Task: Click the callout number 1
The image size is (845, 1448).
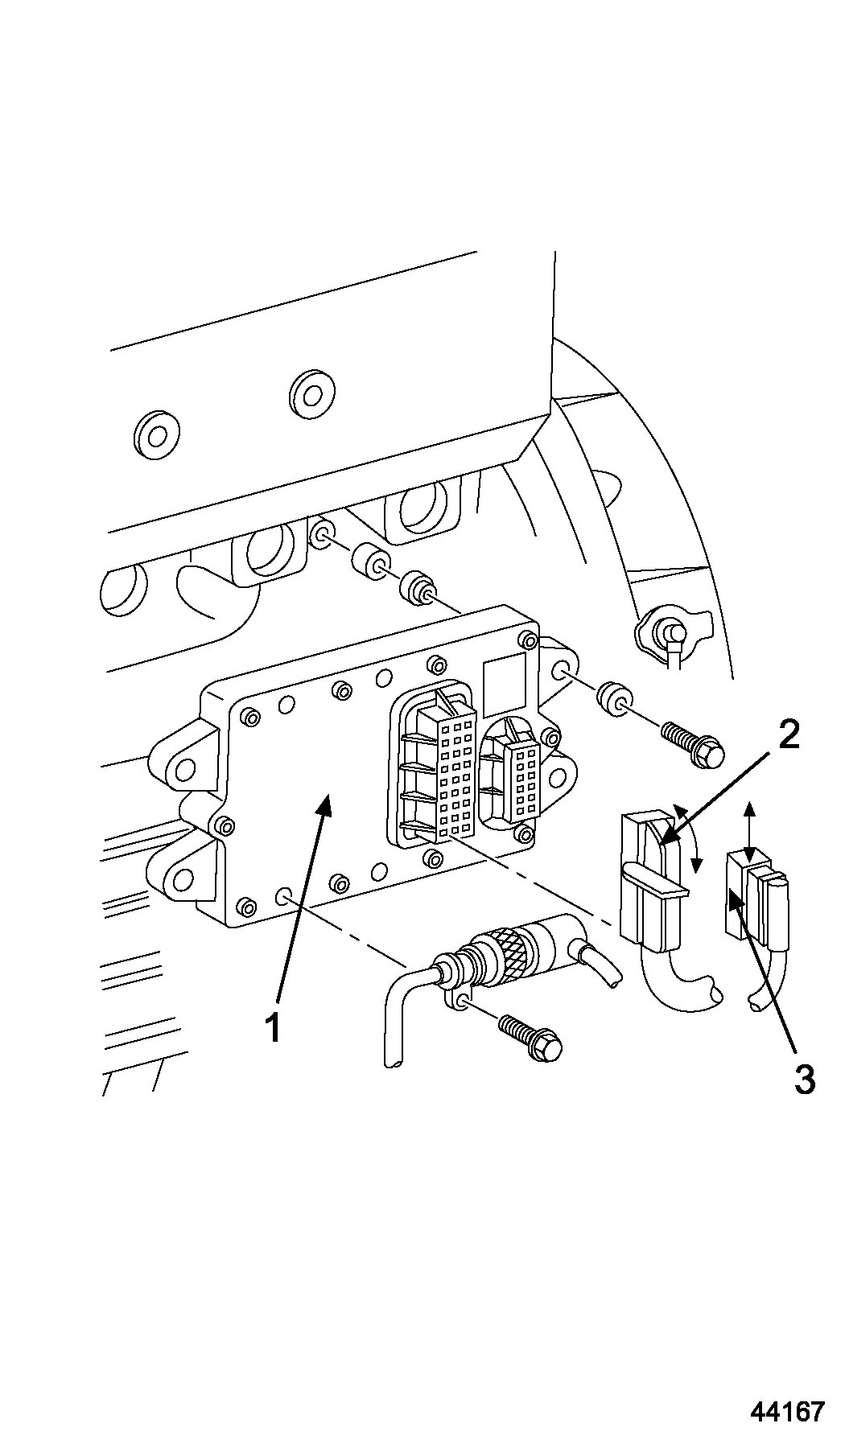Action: (x=274, y=1027)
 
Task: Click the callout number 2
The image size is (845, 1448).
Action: (x=788, y=734)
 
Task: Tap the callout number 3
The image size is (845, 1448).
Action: (x=804, y=1079)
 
